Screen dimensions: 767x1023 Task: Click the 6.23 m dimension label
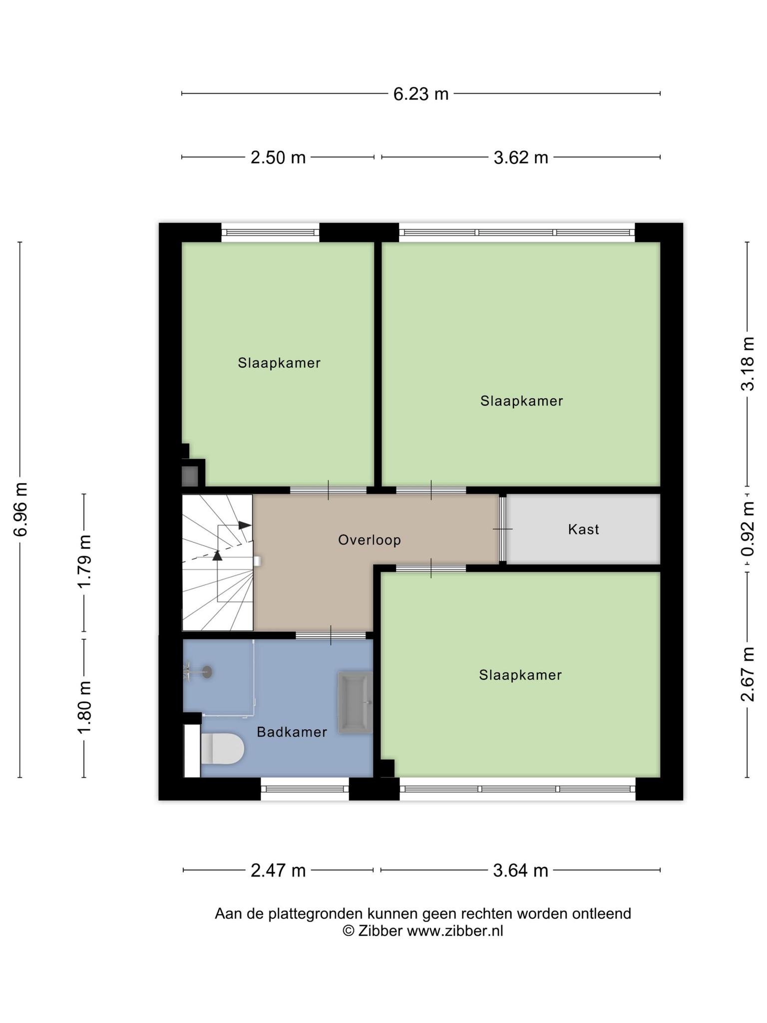pyautogui.click(x=421, y=94)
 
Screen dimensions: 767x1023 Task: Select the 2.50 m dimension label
pyautogui.click(x=278, y=158)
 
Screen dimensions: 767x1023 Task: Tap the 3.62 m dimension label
pyautogui.click(x=521, y=158)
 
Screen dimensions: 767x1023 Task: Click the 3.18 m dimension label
pyautogui.click(x=748, y=364)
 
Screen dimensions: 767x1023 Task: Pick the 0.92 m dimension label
pyautogui.click(x=748, y=529)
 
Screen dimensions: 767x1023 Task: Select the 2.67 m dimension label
pyautogui.click(x=748, y=674)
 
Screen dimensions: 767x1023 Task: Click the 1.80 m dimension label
pyautogui.click(x=84, y=708)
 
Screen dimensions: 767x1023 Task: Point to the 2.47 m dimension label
pyautogui.click(x=278, y=871)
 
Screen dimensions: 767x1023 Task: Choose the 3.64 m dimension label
pyautogui.click(x=520, y=871)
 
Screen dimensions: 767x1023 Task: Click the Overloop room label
pyautogui.click(x=370, y=540)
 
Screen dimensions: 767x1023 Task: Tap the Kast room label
pyautogui.click(x=583, y=529)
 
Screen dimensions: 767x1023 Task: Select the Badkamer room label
pyautogui.click(x=292, y=732)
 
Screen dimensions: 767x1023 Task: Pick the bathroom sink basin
pyautogui.click(x=356, y=702)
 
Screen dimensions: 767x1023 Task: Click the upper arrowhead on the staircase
pyautogui.click(x=245, y=525)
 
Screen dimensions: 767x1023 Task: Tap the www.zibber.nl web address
pyautogui.click(x=455, y=931)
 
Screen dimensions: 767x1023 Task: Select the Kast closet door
pyautogui.click(x=503, y=529)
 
